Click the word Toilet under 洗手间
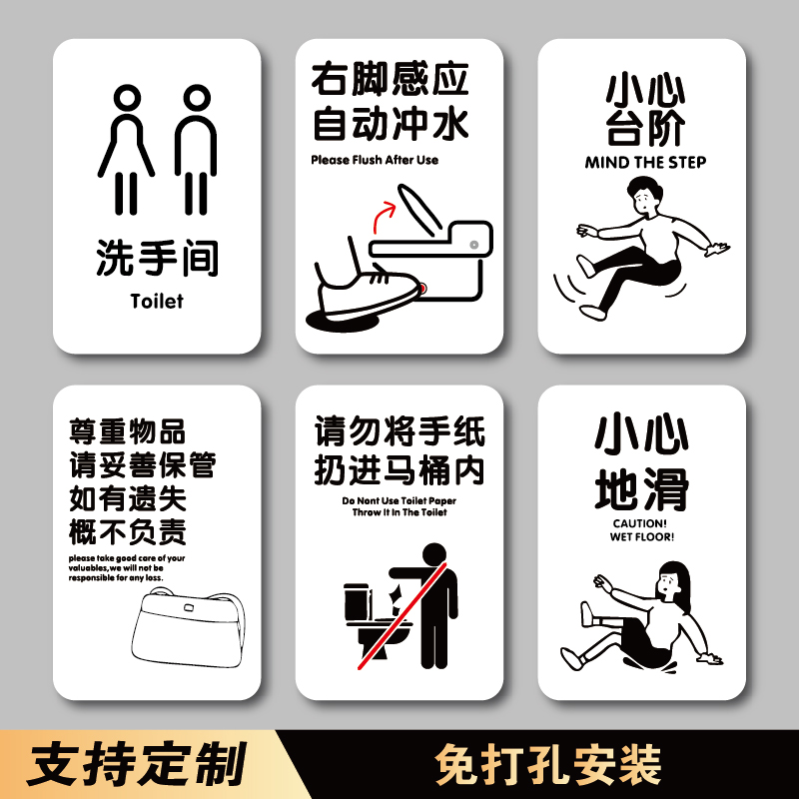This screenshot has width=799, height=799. click(157, 300)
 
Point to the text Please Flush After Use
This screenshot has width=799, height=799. click(375, 160)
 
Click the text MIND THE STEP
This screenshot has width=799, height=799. click(645, 162)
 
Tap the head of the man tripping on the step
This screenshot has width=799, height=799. click(638, 194)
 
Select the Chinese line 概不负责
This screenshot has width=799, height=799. click(128, 530)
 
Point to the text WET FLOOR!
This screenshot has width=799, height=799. click(642, 536)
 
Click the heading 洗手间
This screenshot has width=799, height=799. click(157, 259)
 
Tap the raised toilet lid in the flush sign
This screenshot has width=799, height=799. click(420, 206)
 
